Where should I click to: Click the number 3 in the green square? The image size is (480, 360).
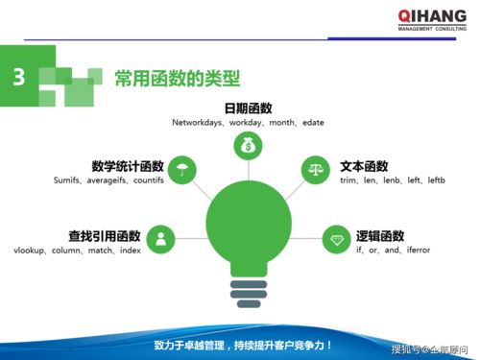coord(18,78)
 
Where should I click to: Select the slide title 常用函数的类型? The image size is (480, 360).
coord(177,78)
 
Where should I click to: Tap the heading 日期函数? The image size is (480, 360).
coord(249,108)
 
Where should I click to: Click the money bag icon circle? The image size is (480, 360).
coord(248,146)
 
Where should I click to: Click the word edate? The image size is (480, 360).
coord(313,123)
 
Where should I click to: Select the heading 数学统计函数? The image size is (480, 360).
coord(129,165)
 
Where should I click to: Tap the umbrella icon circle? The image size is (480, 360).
coord(181,172)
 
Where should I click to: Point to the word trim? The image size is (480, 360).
coord(348,180)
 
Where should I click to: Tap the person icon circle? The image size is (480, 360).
coord(160,238)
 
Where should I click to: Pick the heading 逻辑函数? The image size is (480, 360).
coord(380,235)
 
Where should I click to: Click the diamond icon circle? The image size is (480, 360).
coord(336,238)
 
